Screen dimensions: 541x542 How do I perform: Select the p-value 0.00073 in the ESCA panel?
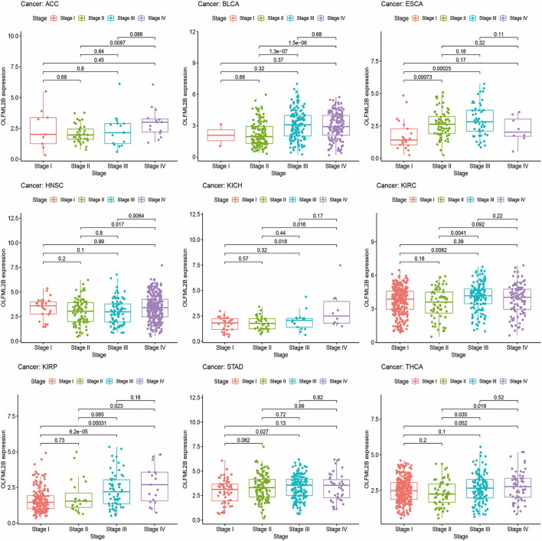(x=423, y=99)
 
